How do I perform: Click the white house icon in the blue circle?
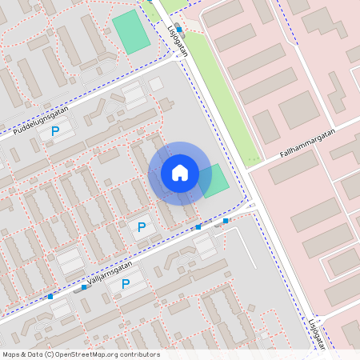click(x=179, y=173)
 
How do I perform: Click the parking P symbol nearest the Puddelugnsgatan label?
click(x=55, y=131)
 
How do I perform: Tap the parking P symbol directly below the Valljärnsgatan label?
click(x=126, y=284)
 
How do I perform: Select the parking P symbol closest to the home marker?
click(x=142, y=227)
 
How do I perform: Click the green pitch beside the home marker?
click(x=214, y=182)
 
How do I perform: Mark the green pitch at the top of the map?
click(x=131, y=32)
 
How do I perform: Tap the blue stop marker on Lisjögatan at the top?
click(x=179, y=29)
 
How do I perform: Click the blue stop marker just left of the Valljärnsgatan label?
click(x=83, y=286)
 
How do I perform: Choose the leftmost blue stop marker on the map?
click(x=50, y=297)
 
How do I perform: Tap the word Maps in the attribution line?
click(x=12, y=354)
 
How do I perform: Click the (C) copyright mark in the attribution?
click(x=50, y=354)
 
